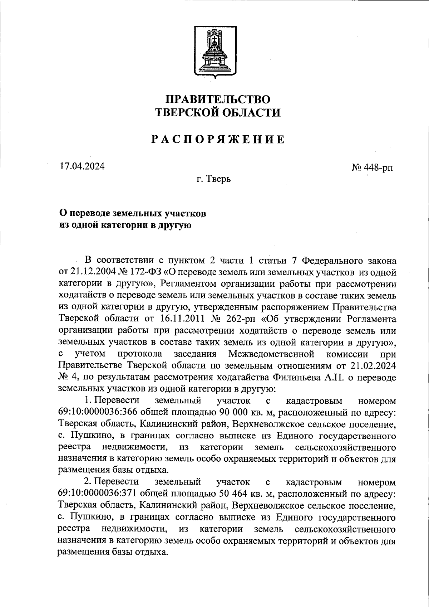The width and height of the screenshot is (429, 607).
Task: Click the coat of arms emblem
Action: pos(214,51)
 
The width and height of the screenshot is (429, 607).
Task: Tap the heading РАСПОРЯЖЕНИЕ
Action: pos(218,139)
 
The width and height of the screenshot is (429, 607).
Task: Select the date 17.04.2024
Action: pos(82,166)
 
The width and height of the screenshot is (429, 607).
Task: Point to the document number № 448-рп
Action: pos(372,167)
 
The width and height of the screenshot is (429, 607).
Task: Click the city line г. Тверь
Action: pos(213,179)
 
